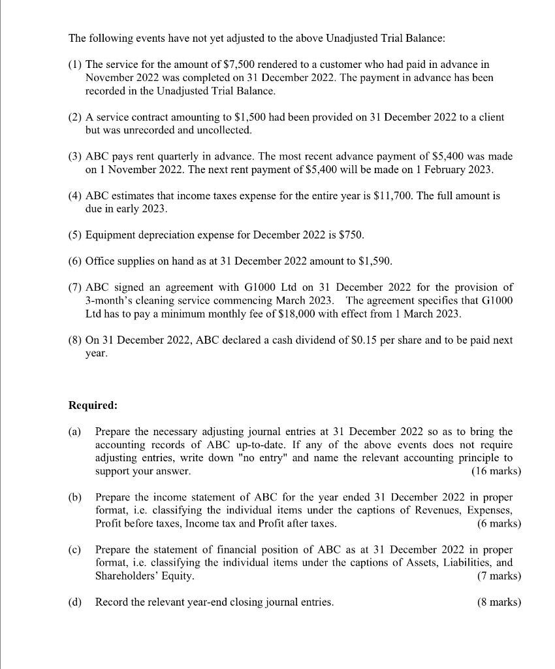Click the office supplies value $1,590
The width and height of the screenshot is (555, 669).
(x=375, y=261)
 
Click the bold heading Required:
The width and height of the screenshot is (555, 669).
(x=93, y=405)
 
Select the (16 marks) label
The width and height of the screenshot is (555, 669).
(x=496, y=470)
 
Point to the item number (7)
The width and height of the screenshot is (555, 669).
(x=76, y=287)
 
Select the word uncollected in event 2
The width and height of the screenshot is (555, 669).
(x=225, y=130)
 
